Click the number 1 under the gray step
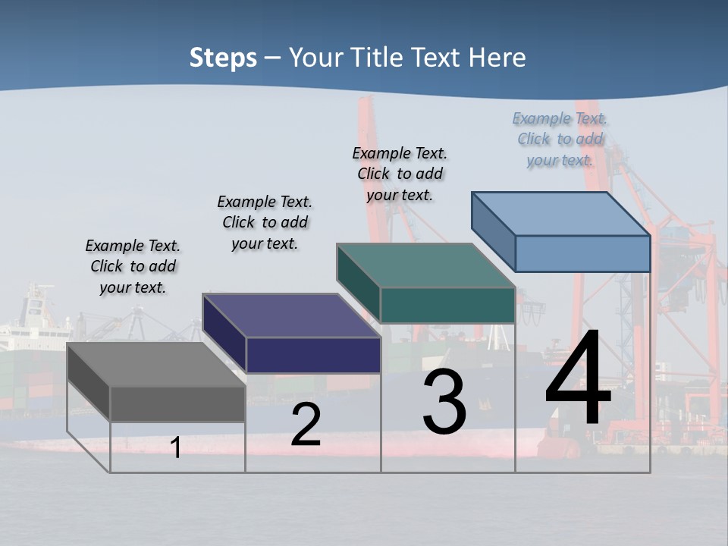[x=176, y=447]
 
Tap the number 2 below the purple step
[x=306, y=425]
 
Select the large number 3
[x=444, y=403]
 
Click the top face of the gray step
[x=155, y=365]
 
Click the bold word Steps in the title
[x=223, y=58]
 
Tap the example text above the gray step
[x=133, y=266]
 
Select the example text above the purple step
[x=265, y=222]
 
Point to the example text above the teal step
[x=400, y=174]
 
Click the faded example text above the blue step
[x=560, y=139]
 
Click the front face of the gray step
[x=177, y=404]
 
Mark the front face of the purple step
[x=313, y=355]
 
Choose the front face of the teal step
[x=447, y=305]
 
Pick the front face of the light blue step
[x=582, y=253]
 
